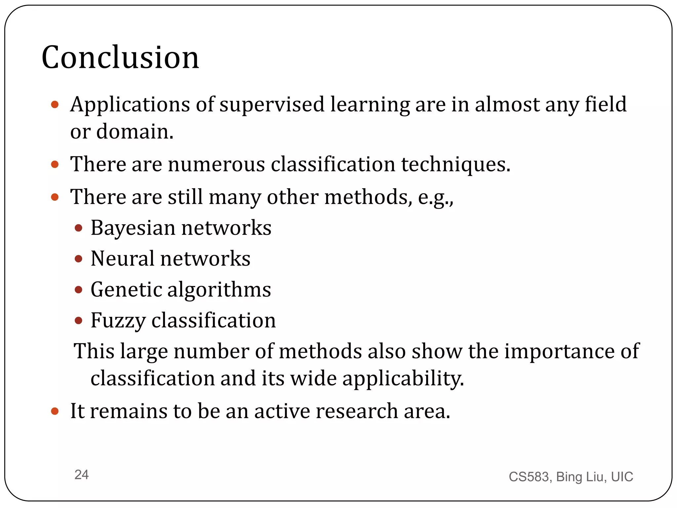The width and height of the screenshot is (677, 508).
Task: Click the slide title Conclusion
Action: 120,58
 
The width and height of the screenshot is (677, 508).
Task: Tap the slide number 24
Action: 81,475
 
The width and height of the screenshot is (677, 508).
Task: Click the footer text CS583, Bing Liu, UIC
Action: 571,477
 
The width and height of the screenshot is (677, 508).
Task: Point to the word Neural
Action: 122,259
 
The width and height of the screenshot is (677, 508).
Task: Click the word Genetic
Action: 126,289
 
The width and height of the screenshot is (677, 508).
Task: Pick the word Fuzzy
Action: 118,320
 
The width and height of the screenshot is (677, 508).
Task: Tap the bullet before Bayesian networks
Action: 78,228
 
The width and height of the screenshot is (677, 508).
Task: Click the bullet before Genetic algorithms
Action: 78,290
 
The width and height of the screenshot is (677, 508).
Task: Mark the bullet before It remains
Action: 55,411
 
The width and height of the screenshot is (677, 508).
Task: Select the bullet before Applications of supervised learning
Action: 55,105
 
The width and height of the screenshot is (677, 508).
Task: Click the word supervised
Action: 272,105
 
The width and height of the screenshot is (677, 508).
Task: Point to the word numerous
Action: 216,164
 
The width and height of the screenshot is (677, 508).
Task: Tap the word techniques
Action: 456,164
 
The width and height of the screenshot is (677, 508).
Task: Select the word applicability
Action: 403,378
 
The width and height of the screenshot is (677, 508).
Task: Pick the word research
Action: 357,411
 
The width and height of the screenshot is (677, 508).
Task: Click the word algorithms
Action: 219,289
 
